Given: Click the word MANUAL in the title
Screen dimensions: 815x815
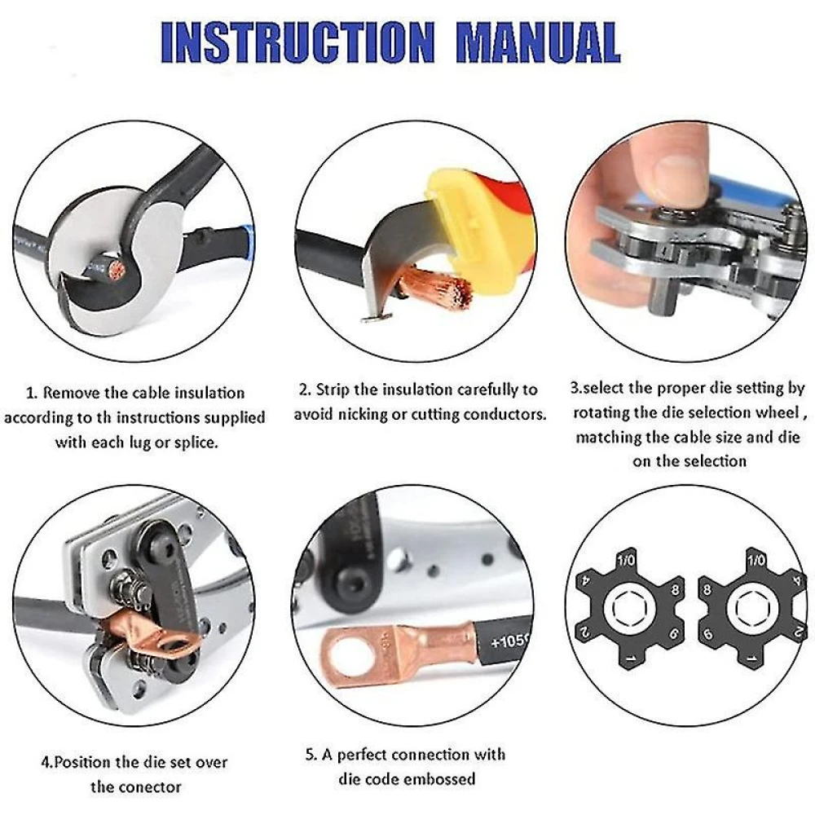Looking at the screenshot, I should pyautogui.click(x=539, y=41).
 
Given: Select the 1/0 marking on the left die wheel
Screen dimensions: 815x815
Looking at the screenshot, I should pyautogui.click(x=626, y=561).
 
